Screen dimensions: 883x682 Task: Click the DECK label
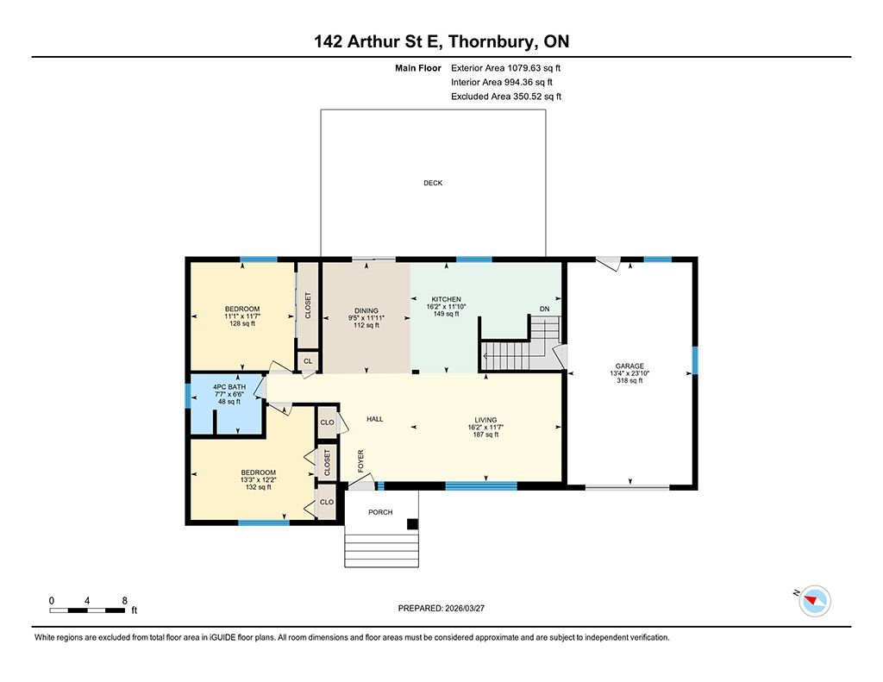click(x=433, y=183)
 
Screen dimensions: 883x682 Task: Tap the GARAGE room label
click(x=629, y=366)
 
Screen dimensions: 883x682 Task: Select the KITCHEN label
click(x=446, y=299)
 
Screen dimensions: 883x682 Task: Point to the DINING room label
click(x=366, y=311)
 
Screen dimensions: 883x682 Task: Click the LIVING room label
click(x=485, y=420)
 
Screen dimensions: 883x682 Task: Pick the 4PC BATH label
click(x=229, y=387)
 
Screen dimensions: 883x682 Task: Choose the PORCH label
click(x=380, y=512)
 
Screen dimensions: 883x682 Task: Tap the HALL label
click(x=374, y=419)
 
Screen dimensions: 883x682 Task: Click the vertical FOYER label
click(x=361, y=460)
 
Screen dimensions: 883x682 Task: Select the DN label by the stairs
click(x=545, y=310)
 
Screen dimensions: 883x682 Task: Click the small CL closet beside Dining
click(x=308, y=361)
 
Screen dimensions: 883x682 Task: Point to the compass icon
click(x=815, y=601)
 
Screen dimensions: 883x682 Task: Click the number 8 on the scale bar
click(x=124, y=601)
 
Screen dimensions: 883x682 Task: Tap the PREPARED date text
click(x=441, y=608)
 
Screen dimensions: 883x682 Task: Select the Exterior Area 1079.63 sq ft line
click(x=505, y=68)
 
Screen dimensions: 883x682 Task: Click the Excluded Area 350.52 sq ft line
click(x=505, y=97)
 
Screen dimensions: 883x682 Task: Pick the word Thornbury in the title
click(x=492, y=41)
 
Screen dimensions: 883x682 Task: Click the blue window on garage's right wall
click(x=694, y=360)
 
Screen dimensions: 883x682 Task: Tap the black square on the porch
click(x=413, y=524)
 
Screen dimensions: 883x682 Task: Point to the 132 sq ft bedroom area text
click(x=259, y=487)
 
